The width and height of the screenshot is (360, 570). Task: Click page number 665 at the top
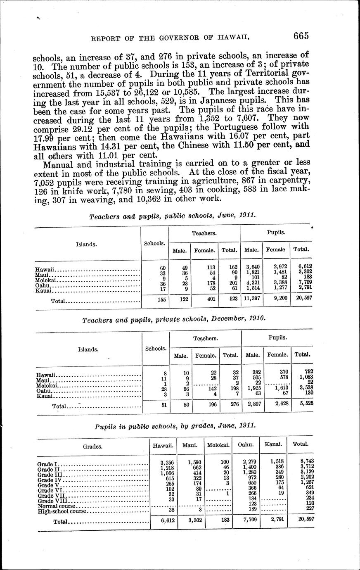301,36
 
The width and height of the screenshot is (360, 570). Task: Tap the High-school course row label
62,511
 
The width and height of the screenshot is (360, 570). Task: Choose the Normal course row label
57,506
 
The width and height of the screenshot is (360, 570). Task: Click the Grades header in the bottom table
93,446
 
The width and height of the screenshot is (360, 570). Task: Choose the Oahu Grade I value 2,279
250,462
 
